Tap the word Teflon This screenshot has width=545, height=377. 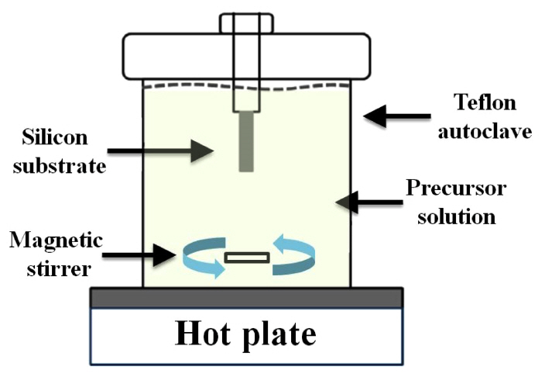tap(485, 103)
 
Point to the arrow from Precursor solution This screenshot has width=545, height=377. tap(364, 203)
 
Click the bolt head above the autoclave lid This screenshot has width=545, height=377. tap(246, 22)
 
